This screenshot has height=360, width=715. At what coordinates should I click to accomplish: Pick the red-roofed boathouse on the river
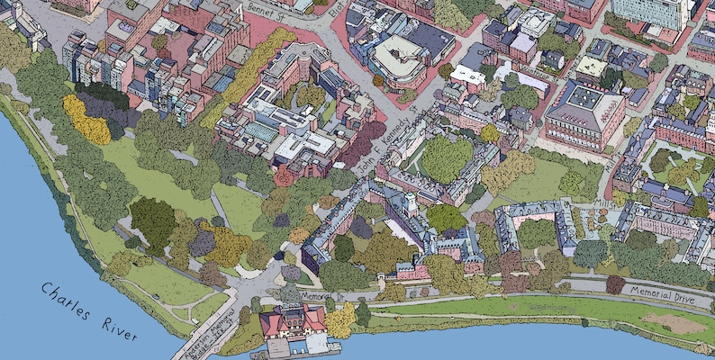pos(293,323)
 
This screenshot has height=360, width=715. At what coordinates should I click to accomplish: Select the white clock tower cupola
pos(411,202)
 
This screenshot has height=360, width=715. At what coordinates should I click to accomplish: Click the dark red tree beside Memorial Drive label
pos(615,284)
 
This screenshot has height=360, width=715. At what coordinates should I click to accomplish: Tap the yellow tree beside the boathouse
pos(340,320)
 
